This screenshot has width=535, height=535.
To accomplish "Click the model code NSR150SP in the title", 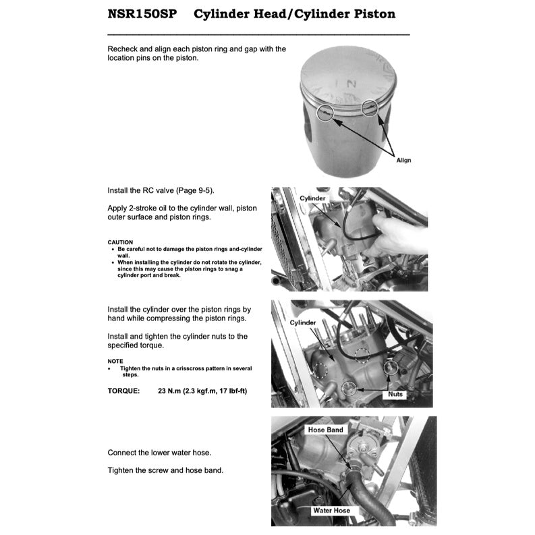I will [x=142, y=13].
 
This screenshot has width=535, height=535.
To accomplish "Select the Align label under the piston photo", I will [x=403, y=160].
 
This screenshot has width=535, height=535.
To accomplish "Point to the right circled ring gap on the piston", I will [x=370, y=107].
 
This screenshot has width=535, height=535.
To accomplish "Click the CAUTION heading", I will [x=120, y=242].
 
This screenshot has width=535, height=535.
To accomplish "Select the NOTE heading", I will [x=115, y=361].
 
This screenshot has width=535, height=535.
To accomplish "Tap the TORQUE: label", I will [x=123, y=391].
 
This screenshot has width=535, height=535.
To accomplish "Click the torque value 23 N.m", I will [x=171, y=391].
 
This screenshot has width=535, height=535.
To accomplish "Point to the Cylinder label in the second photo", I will [x=312, y=198].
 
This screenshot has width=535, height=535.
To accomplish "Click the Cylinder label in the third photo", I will [x=303, y=322].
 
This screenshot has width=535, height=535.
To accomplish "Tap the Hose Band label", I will [x=325, y=430].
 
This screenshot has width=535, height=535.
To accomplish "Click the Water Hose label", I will [x=331, y=510].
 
